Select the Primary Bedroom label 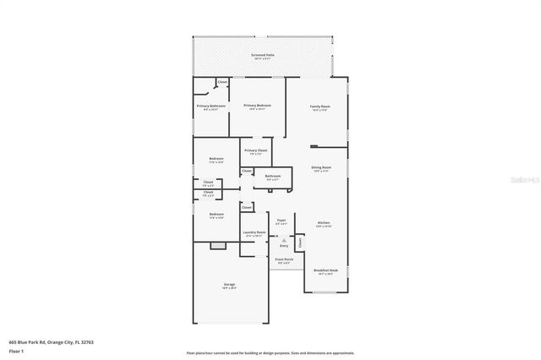tap(258, 106)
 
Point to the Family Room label tap(320, 106)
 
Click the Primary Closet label tap(255, 151)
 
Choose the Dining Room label tap(321, 168)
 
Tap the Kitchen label tap(324, 223)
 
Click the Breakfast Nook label tap(325, 270)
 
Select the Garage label tap(229, 285)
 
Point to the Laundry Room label tap(254, 232)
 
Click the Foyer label tap(281, 221)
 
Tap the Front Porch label tap(283, 259)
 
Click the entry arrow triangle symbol tap(284, 240)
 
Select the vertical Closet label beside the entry tap(299, 243)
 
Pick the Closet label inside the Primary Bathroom tap(222, 82)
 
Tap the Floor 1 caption tap(16, 350)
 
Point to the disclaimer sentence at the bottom tap(270, 353)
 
